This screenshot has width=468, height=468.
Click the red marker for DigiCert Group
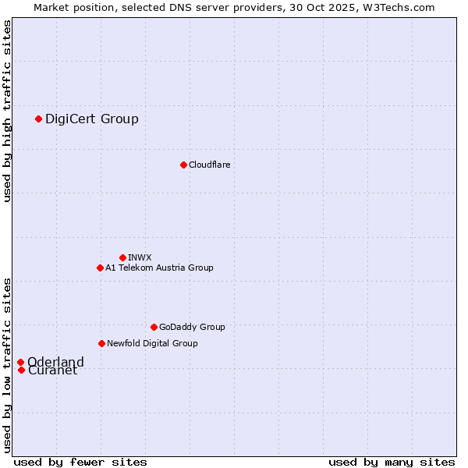(x=38, y=119)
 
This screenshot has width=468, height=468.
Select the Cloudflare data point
(x=183, y=165)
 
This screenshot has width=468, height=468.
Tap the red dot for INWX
(x=122, y=257)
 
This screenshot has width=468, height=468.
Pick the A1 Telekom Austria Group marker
(x=100, y=268)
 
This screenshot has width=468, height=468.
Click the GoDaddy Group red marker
(x=154, y=327)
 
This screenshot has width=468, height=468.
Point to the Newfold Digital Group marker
(x=101, y=343)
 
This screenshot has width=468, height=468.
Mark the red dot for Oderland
(x=21, y=362)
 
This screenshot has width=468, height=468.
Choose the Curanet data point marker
(x=21, y=370)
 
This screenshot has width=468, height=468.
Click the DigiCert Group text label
(x=92, y=119)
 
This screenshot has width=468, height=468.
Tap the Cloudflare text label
(x=209, y=165)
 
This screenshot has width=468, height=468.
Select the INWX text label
(x=140, y=257)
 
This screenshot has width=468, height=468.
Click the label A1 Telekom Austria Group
(x=159, y=268)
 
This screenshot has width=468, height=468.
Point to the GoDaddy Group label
(x=192, y=327)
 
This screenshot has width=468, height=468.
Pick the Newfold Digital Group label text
(x=152, y=343)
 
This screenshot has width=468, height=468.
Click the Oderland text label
(x=55, y=362)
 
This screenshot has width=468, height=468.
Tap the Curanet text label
(x=52, y=370)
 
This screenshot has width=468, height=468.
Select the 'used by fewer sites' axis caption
(x=80, y=462)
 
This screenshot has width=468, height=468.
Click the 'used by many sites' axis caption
(x=392, y=462)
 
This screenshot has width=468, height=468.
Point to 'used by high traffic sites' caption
(x=8, y=112)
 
